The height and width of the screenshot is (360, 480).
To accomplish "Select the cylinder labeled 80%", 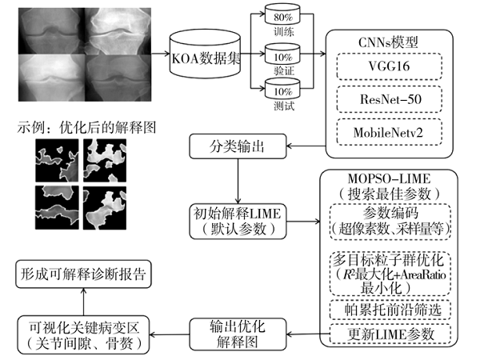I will coord(282,18).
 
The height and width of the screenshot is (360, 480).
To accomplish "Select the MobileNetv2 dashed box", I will coord(388,130).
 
